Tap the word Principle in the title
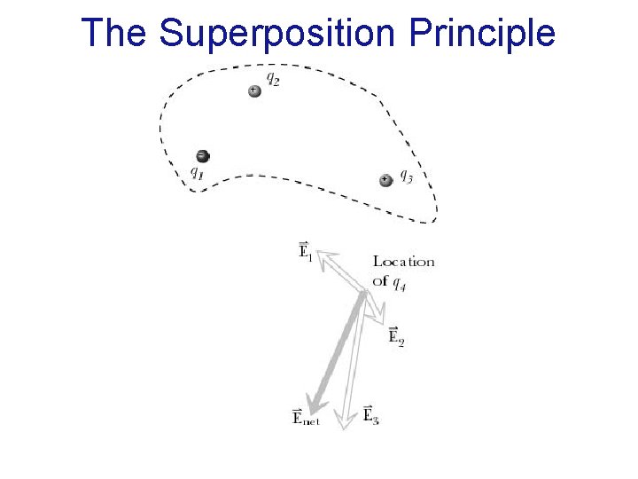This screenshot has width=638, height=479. [x=482, y=34]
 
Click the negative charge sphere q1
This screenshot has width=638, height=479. [x=202, y=156]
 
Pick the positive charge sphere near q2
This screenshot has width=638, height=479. [x=254, y=90]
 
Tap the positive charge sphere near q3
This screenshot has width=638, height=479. [x=385, y=180]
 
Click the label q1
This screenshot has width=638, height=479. [x=197, y=174]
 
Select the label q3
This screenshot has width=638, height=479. [x=406, y=176]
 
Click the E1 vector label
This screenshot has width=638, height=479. [x=305, y=252]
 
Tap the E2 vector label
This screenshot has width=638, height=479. [x=396, y=336]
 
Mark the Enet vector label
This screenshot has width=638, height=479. [x=306, y=417]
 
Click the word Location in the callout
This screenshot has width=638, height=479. [x=403, y=262]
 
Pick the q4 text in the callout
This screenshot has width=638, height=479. [x=400, y=284]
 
